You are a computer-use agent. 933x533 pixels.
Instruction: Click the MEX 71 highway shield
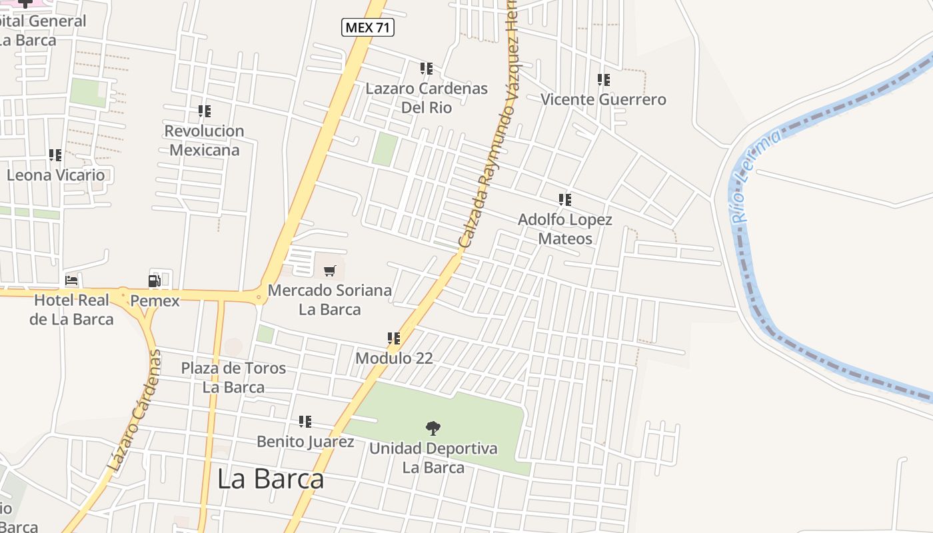[x=368, y=27]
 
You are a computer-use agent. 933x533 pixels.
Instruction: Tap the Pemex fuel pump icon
[x=155, y=280]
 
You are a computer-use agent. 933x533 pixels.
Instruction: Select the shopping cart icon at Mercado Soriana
[x=330, y=270]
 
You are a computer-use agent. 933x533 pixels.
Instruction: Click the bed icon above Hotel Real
[x=71, y=280]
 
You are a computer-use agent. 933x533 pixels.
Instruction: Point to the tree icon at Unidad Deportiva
[x=433, y=428]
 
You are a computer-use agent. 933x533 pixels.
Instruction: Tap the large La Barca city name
[x=271, y=479]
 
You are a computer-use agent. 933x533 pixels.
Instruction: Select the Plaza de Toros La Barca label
[x=233, y=377]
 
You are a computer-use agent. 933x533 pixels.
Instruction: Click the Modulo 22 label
[x=394, y=358]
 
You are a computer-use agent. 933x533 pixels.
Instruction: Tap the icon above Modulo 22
[x=394, y=338]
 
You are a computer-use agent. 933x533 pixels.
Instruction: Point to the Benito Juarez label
[x=305, y=441]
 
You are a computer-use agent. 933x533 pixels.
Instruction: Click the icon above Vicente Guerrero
[x=604, y=80]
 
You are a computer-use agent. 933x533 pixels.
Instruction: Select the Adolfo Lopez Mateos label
[x=565, y=229]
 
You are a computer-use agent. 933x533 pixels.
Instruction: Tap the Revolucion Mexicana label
[x=204, y=140]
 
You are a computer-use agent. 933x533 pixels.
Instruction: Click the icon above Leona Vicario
[x=55, y=155]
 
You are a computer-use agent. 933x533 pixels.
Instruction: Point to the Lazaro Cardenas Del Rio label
[x=427, y=97]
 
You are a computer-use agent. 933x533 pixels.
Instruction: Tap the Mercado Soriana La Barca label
[x=329, y=300]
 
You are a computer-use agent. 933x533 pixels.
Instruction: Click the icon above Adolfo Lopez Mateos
[x=565, y=199]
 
